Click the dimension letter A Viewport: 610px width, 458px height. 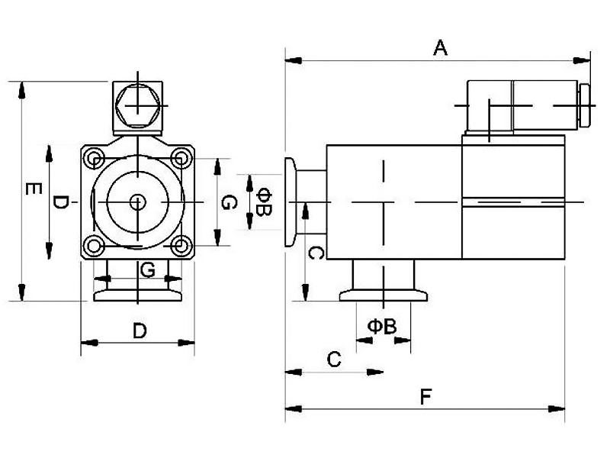(x=441, y=47)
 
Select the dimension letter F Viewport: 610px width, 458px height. (x=426, y=397)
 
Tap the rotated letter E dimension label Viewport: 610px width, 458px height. (x=34, y=189)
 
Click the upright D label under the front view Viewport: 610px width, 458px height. (x=140, y=331)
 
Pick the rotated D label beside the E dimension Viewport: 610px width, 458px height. (x=60, y=202)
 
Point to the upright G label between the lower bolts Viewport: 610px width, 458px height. (x=147, y=269)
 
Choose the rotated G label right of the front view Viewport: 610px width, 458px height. (x=229, y=202)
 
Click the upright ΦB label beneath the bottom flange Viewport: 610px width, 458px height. (x=382, y=327)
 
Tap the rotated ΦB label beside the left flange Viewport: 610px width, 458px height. (x=265, y=202)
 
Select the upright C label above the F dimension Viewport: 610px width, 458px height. (x=334, y=359)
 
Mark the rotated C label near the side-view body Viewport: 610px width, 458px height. (x=316, y=253)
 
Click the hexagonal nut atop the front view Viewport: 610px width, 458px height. (x=138, y=105)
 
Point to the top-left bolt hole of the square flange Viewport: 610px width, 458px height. (x=94, y=158)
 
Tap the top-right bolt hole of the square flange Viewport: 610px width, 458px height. (x=180, y=158)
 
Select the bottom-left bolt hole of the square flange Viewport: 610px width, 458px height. (x=94, y=246)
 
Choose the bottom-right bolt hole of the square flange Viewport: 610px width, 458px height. (x=180, y=246)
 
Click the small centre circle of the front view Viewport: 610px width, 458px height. (x=137, y=202)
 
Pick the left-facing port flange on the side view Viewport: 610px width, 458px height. (x=291, y=202)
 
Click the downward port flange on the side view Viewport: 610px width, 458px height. (x=384, y=295)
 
